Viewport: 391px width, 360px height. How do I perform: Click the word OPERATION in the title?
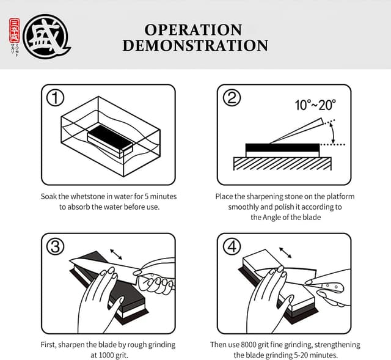194,30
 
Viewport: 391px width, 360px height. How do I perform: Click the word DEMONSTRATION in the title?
195,46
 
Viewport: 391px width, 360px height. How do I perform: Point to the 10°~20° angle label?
315,105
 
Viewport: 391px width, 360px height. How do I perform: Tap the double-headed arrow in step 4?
284,252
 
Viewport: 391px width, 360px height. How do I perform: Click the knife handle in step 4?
329,286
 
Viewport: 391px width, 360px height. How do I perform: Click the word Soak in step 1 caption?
49,197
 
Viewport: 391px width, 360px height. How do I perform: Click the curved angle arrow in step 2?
332,130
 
